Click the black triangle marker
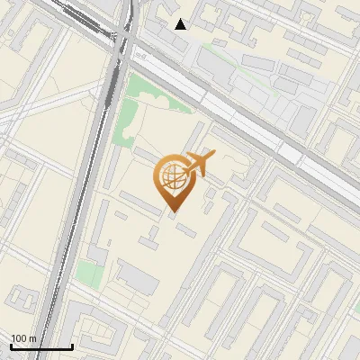coord(181,24)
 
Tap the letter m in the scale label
coord(32,338)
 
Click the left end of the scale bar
coord(11,346)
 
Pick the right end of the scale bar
coord(72,346)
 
